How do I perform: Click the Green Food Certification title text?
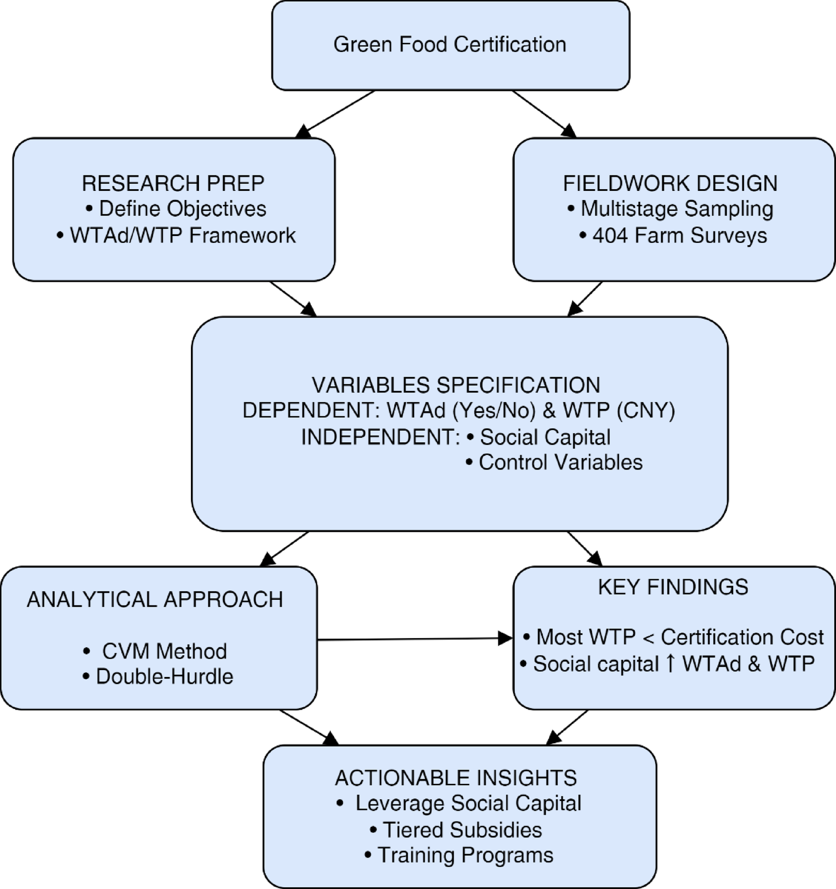click(450, 45)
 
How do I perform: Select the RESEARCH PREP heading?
click(173, 183)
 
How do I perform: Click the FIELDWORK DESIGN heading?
click(670, 183)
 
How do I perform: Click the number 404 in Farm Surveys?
click(610, 235)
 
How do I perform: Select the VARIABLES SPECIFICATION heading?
click(455, 385)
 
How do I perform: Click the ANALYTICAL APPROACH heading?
click(155, 599)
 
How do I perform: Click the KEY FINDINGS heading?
click(673, 587)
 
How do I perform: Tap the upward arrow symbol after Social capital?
click(671, 664)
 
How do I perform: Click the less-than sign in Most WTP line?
click(648, 638)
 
